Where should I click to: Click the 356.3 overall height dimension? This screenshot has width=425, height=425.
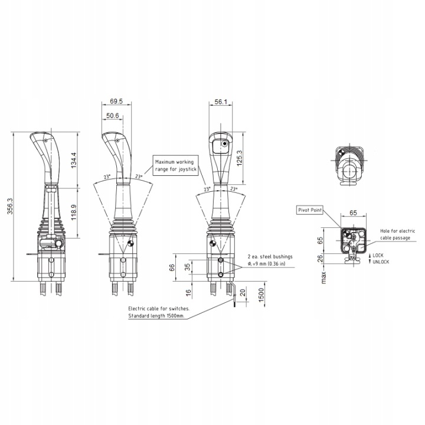pyautogui.click(x=10, y=206)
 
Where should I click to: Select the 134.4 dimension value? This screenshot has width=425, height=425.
pyautogui.click(x=74, y=161)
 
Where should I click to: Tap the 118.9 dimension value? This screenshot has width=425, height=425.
pyautogui.click(x=74, y=212)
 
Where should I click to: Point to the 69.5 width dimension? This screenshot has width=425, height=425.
pyautogui.click(x=116, y=102)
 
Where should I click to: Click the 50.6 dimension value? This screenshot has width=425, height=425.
pyautogui.click(x=113, y=116)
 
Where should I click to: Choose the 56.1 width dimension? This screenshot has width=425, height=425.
pyautogui.click(x=221, y=102)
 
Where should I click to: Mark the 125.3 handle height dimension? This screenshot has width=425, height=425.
pyautogui.click(x=239, y=158)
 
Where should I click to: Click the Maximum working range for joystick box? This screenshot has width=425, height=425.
pyautogui.click(x=176, y=166)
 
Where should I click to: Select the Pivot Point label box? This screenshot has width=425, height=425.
pyautogui.click(x=310, y=210)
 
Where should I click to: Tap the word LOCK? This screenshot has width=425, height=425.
pyautogui.click(x=378, y=256)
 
